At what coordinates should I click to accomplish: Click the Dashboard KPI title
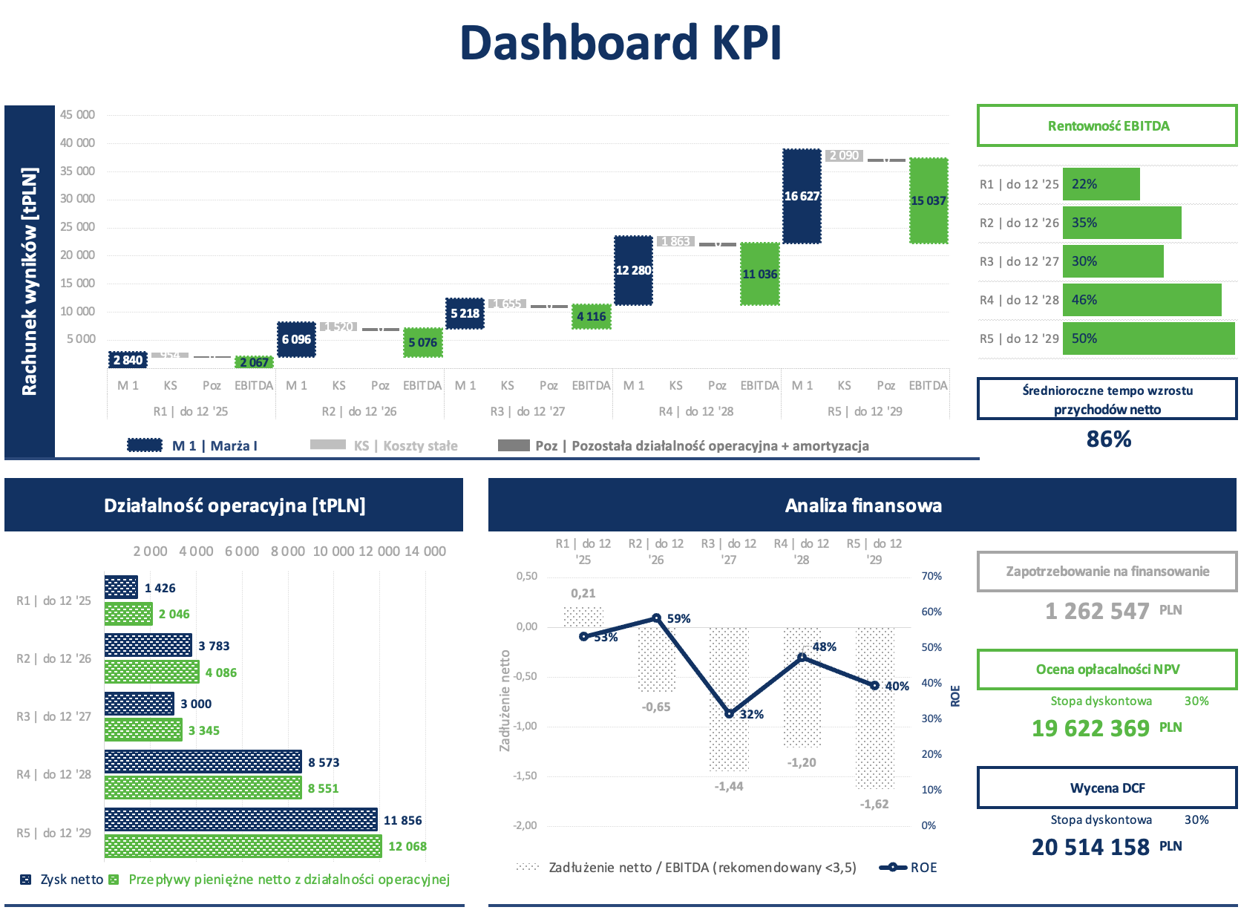point(620,42)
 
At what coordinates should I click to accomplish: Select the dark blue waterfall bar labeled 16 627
point(802,196)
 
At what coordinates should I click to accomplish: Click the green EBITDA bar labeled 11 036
point(760,274)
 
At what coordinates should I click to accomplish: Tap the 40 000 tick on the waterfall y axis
point(77,143)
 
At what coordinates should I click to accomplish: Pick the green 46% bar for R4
point(1142,300)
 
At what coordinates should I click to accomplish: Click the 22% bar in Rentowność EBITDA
point(1101,184)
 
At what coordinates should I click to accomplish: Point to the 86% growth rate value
point(1108,439)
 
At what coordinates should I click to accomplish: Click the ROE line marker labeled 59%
point(656,618)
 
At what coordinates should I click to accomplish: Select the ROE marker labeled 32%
point(729,714)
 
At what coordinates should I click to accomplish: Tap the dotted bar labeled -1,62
point(874,709)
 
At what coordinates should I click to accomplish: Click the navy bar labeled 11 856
point(240,820)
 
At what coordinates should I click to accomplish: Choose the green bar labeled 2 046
point(128,614)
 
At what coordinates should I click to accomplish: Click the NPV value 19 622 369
point(1090,728)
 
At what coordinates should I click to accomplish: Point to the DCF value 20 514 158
point(1090,847)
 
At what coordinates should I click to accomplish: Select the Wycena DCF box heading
point(1107,788)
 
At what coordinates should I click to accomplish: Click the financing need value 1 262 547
point(1096,611)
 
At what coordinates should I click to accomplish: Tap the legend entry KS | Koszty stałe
point(405,445)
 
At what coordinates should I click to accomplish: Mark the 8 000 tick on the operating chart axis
point(287,551)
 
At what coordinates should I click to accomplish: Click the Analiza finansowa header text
point(862,505)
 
